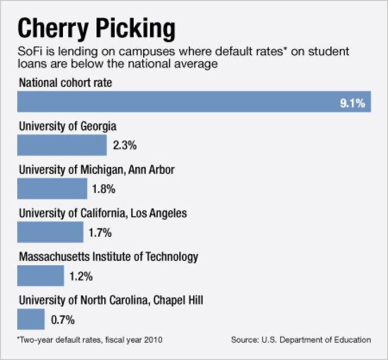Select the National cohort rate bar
point(194,102)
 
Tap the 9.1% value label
point(352,103)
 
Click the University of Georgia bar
point(62,145)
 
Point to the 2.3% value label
point(125,146)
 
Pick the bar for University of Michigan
point(52,189)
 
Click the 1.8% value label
point(103,189)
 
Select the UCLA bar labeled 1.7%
point(50,232)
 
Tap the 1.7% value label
point(100,233)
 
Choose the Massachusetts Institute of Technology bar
point(40,276)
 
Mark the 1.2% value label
point(81,276)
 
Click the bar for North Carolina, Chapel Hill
point(31,319)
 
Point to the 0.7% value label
point(63,319)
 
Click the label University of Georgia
point(68,126)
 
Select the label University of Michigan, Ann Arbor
point(96,170)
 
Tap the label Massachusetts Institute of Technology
point(109,257)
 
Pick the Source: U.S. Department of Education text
point(301,340)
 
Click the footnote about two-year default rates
point(90,340)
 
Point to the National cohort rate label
point(66,83)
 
